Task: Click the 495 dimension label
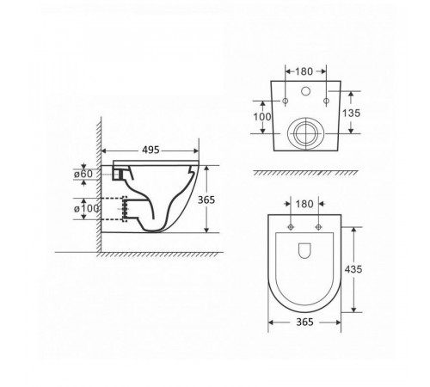coord(150,150)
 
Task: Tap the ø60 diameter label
coord(83,174)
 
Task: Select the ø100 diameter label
coord(86,208)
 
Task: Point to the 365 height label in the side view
coord(206,200)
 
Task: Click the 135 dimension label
coord(351,114)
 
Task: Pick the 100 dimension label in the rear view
coord(262,117)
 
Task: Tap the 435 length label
coord(353,269)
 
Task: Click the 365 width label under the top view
coord(304,322)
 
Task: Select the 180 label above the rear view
coord(304,71)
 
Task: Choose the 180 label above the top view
coord(304,204)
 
